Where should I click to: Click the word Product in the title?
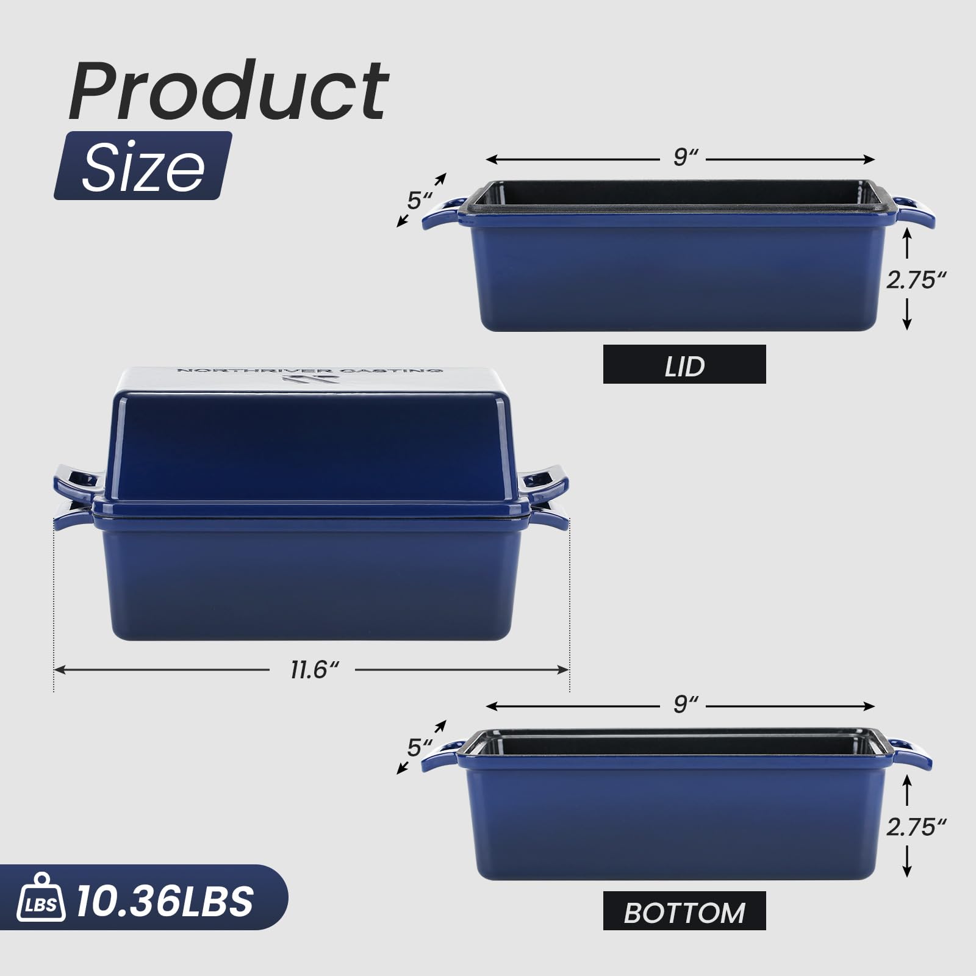coord(229,91)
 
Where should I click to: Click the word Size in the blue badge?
coord(143,166)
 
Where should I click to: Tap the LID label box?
coord(684,364)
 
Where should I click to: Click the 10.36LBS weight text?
coord(165,901)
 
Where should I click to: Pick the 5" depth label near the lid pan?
coord(418,201)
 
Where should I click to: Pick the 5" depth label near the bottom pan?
coord(418,747)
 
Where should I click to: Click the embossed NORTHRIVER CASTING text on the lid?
coord(308,370)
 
